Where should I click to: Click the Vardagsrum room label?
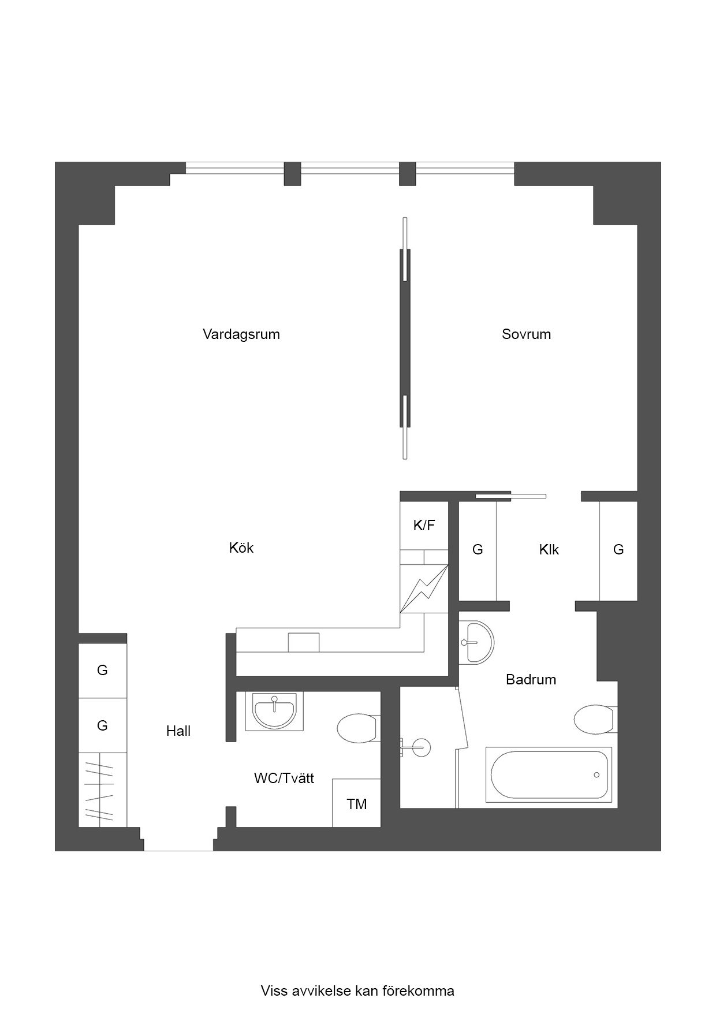241,334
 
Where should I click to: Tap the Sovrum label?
526,334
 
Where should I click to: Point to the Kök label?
241,548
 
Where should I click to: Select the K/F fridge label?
424,525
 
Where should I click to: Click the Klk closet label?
549,550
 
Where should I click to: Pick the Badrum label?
531,680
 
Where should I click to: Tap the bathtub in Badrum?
549,774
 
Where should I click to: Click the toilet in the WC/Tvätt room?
358,729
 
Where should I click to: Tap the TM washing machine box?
356,803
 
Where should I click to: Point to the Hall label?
178,731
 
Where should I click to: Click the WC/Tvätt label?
284,779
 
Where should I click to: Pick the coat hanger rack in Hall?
102,789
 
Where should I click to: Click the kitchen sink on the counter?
304,642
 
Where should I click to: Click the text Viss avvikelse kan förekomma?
357,991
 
